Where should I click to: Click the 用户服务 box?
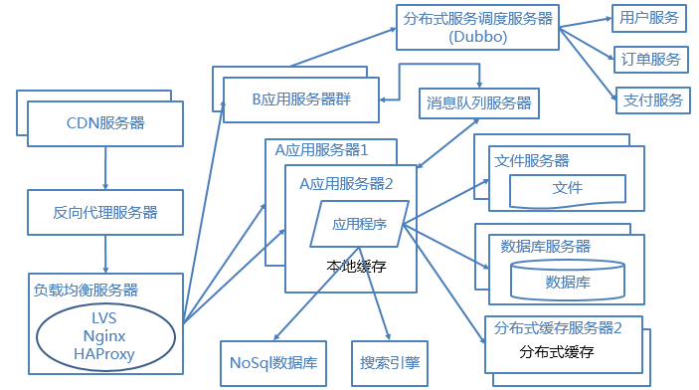click(x=648, y=18)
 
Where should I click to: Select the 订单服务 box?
click(x=651, y=60)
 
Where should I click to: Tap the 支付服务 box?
click(x=653, y=100)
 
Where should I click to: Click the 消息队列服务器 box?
click(x=479, y=103)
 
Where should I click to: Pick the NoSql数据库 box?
click(x=273, y=363)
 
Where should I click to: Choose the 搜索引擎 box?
click(x=390, y=363)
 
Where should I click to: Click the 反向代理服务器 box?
click(x=105, y=212)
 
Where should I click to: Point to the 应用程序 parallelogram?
click(x=359, y=224)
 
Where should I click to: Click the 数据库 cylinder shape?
click(x=568, y=280)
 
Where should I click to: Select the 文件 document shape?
click(x=568, y=191)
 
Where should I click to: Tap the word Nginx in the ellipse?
click(x=104, y=336)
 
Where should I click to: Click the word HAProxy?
click(x=104, y=354)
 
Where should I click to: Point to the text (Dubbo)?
click(x=478, y=37)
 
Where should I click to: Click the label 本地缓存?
click(x=356, y=267)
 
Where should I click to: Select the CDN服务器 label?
click(x=105, y=123)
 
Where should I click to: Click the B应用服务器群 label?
click(x=301, y=99)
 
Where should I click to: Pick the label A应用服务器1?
click(x=321, y=150)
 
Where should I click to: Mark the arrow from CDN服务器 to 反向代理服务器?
click(x=105, y=168)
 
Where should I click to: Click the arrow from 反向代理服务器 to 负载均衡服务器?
click(x=105, y=255)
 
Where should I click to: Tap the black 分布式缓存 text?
click(x=557, y=352)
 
